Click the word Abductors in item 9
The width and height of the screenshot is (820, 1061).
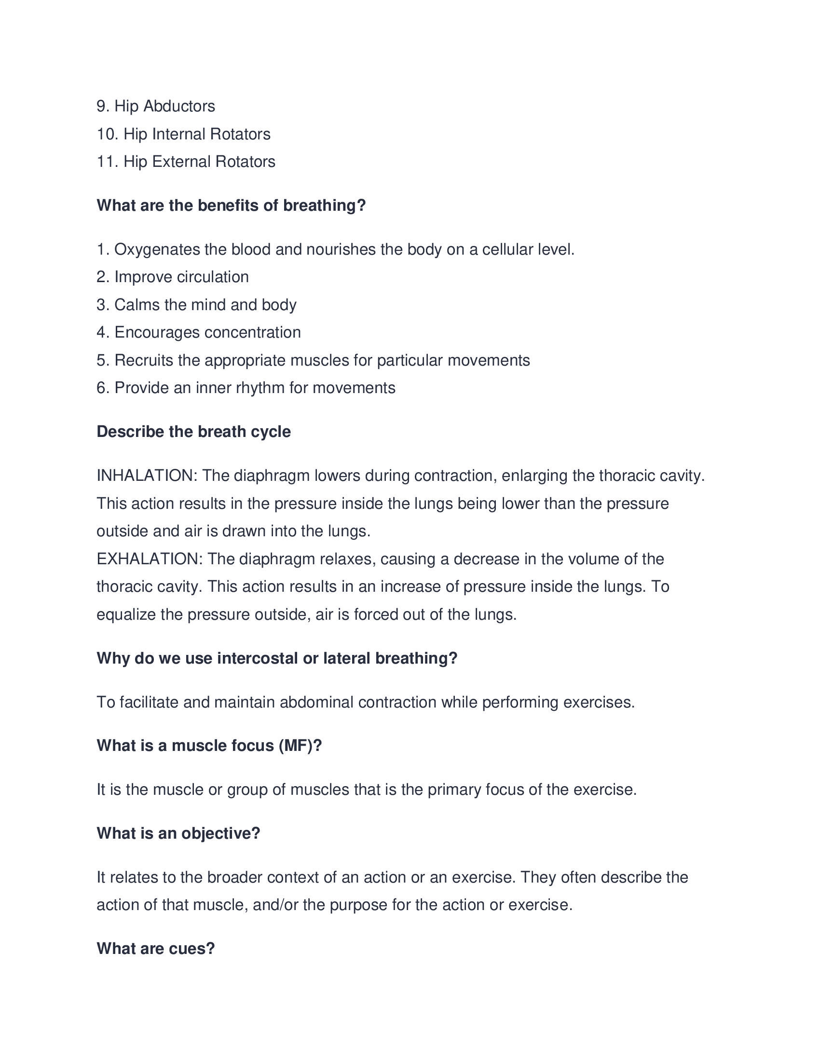pos(179,107)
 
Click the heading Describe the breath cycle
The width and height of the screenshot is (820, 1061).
pos(193,432)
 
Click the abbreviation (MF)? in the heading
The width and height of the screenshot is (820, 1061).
pos(300,746)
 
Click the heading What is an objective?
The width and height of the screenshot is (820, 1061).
pos(178,834)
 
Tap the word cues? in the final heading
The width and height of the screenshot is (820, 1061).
pos(193,949)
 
